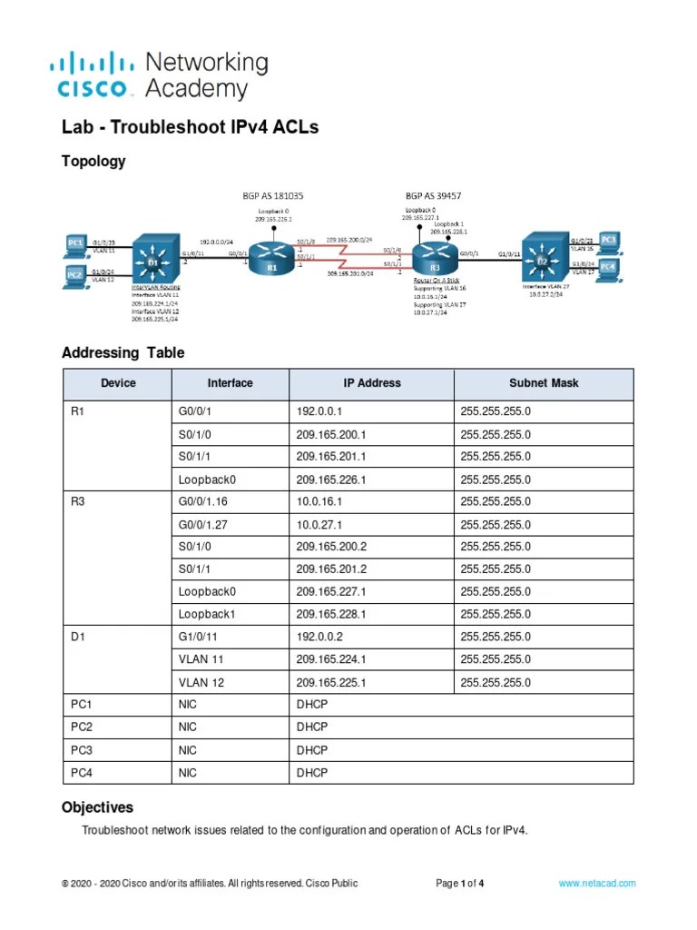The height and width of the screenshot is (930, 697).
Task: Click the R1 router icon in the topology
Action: point(270,255)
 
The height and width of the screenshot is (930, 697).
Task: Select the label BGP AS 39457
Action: point(433,195)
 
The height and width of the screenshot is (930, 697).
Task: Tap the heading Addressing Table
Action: point(123,352)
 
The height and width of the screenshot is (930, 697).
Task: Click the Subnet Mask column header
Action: point(543,383)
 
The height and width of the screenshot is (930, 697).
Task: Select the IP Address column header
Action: point(371,383)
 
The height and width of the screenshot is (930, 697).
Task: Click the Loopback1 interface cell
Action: point(208,614)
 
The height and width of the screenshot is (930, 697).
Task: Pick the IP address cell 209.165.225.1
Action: point(330,682)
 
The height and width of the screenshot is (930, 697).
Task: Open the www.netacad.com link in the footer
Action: point(597,883)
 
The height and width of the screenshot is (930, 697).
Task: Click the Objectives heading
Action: point(97,807)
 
